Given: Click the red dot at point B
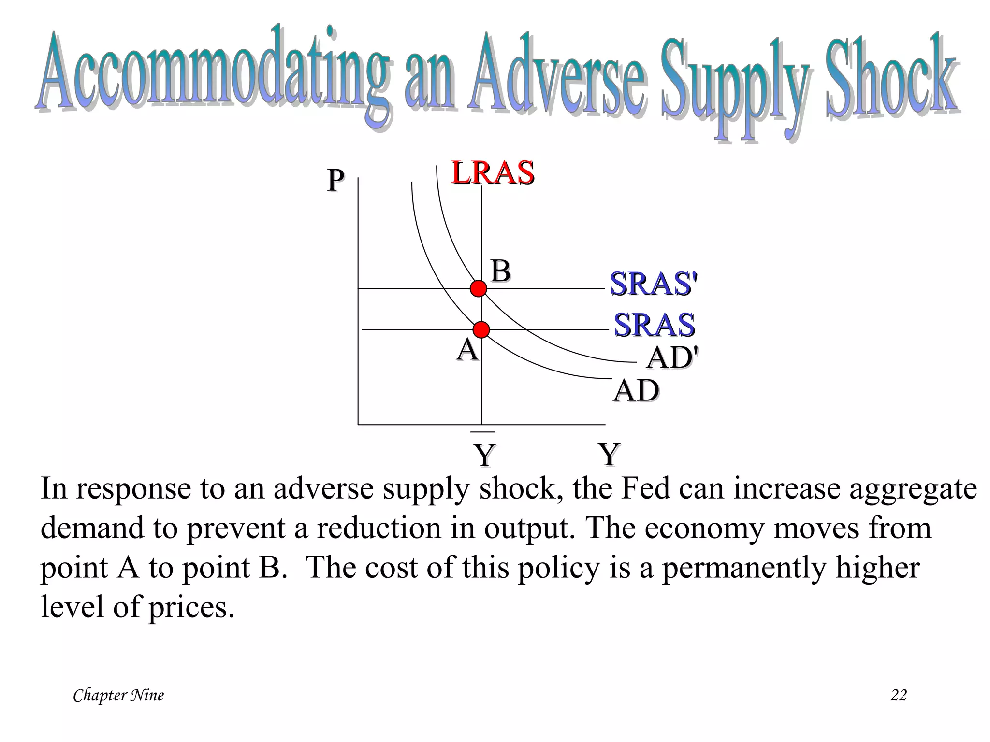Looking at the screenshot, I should point(479,288).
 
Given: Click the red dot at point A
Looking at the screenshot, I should point(481,330).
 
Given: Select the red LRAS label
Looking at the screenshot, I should point(493,172).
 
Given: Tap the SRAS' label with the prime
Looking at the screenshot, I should point(654,284).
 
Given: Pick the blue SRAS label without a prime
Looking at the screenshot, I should point(654,325).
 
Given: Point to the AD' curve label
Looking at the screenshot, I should point(672,358).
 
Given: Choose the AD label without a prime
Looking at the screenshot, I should point(636,390).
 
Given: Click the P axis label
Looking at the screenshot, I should point(335,181).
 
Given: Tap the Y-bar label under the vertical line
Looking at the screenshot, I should point(484,453).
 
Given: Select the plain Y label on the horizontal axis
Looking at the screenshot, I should point(609,454).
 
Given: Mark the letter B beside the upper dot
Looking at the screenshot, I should point(501,271).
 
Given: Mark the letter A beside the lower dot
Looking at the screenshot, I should point(467,349).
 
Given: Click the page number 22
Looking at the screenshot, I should point(898,695).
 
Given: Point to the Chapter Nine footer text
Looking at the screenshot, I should point(118,695).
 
